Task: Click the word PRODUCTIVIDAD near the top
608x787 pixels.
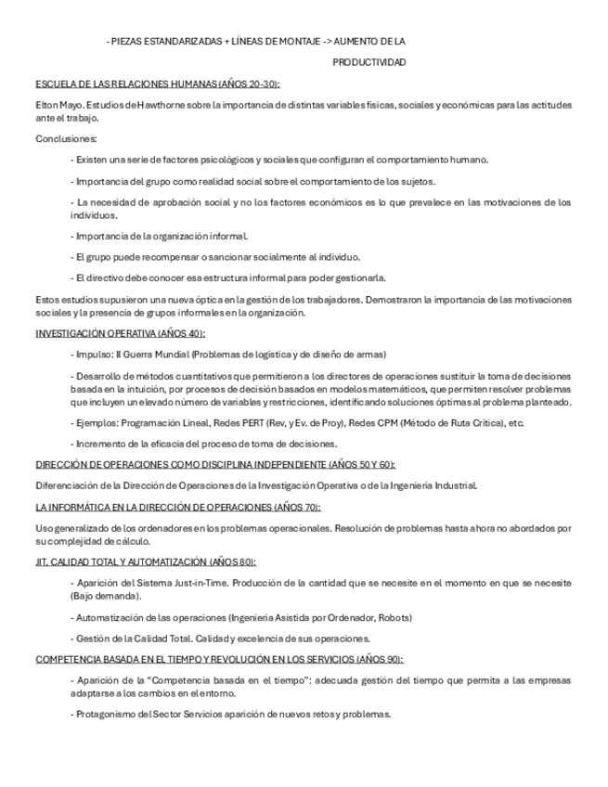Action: pos(369,62)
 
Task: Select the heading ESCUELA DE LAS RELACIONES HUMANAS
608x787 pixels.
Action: pos(157,84)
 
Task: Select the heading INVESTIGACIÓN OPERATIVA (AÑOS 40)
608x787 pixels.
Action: pos(121,333)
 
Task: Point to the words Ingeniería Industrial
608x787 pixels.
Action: pos(434,484)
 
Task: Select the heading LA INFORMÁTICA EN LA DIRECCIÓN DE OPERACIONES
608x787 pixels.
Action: pos(177,507)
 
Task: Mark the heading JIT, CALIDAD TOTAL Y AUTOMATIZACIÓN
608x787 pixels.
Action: pos(146,561)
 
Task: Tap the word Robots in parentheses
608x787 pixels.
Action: pos(394,616)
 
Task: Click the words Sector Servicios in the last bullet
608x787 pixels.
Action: pos(182,714)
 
